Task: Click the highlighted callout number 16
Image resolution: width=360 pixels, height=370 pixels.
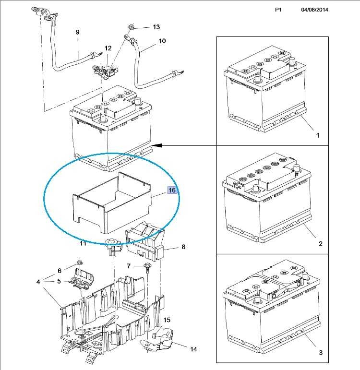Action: pos(172,190)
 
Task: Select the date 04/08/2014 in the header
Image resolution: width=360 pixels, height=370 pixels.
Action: pos(314,10)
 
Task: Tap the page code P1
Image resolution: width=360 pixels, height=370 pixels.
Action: pos(278,10)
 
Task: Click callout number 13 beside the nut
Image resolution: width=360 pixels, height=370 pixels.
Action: pos(156,27)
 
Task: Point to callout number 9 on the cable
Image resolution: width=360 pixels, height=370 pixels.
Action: pos(78,32)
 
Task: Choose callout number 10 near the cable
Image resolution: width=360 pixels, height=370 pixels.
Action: pos(162,41)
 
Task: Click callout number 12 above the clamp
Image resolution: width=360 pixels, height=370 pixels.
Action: pos(108,48)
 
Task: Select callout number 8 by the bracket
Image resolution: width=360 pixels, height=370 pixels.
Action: pos(183,247)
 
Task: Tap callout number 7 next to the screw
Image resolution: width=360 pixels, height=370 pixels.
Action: pos(129,266)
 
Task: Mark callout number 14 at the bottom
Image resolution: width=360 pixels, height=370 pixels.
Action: pos(193,349)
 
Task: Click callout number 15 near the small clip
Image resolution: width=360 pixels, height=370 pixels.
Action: pos(167,320)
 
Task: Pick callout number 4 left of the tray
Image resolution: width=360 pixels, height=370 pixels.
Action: pos(38,282)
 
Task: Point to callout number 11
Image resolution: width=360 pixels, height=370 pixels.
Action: pos(83,243)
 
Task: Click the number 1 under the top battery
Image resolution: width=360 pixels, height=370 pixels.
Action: pos(318,135)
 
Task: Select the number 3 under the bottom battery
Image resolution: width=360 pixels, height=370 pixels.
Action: pos(320,353)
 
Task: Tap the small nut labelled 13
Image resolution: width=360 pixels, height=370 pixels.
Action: pos(132,27)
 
